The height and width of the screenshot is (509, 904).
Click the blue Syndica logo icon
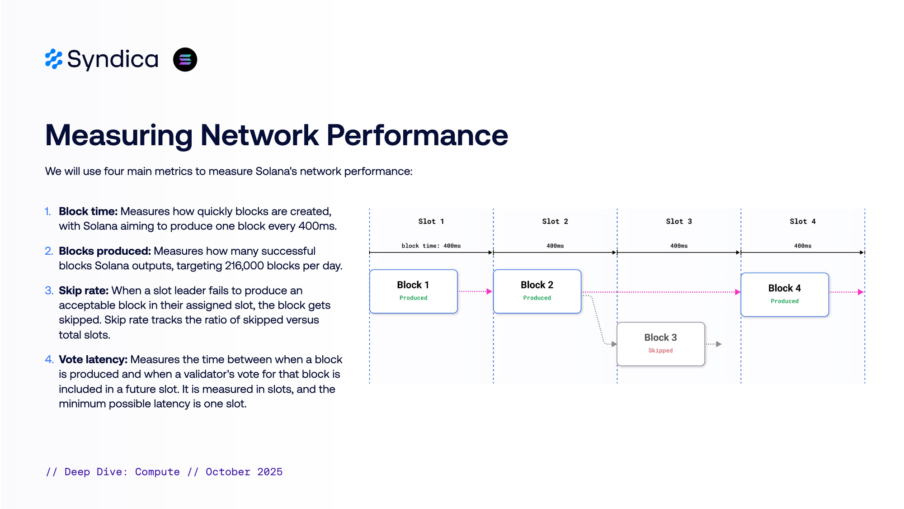click(54, 59)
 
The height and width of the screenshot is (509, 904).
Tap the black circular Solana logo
click(185, 59)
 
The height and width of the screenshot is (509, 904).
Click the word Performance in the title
click(417, 135)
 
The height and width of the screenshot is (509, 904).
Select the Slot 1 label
click(431, 221)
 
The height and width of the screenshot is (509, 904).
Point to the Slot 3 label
click(678, 221)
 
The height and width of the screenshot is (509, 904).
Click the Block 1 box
click(413, 291)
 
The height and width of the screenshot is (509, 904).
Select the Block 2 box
click(537, 291)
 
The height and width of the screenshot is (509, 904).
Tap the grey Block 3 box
click(660, 343)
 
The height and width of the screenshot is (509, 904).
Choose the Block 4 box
click(784, 294)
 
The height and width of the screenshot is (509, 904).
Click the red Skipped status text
click(660, 351)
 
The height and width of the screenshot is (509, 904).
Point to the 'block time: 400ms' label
click(431, 246)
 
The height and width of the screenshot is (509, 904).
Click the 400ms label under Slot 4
click(802, 246)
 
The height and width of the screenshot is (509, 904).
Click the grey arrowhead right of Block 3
click(719, 344)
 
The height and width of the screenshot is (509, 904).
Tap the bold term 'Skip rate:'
click(84, 290)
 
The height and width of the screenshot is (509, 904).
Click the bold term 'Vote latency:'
click(93, 359)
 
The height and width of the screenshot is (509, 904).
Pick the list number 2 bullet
click(49, 251)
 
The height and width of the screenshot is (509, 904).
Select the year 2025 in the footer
click(270, 472)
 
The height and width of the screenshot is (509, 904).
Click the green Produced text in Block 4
click(784, 301)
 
